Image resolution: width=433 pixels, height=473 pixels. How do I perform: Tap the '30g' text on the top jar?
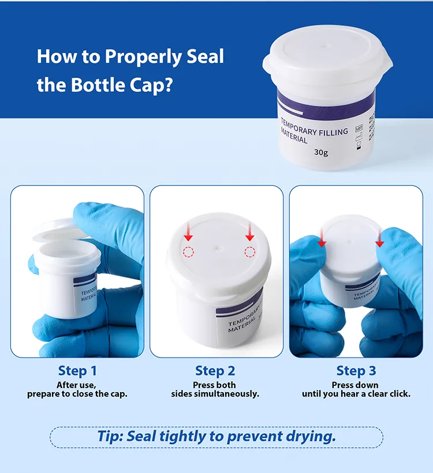[x=321, y=152]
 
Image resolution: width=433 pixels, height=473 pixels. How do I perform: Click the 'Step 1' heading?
[x=77, y=371]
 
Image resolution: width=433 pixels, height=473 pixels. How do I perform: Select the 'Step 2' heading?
[x=215, y=371]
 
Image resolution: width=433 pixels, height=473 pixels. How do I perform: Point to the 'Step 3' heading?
[x=356, y=371]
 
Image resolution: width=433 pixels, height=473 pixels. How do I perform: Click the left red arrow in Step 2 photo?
[x=188, y=232]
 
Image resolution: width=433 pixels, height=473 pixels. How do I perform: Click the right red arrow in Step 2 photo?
[x=249, y=232]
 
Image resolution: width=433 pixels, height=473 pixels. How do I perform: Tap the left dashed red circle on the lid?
[x=189, y=251]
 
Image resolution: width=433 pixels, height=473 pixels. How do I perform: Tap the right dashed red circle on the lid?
[x=249, y=251]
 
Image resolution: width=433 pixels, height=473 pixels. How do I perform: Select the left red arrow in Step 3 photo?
[x=322, y=236]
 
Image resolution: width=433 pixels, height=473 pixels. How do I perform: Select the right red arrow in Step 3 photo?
[x=379, y=236]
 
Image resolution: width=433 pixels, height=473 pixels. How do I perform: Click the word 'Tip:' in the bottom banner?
[x=110, y=436]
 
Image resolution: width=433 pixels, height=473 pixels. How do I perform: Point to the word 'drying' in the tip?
[x=312, y=436]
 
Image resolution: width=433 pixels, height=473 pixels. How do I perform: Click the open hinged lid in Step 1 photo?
[x=58, y=231]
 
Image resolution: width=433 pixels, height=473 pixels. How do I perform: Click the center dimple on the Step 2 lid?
[x=218, y=247]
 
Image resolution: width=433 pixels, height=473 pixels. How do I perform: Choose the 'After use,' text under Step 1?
[x=77, y=385]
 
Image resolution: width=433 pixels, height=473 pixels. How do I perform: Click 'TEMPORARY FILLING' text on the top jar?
[x=314, y=128]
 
